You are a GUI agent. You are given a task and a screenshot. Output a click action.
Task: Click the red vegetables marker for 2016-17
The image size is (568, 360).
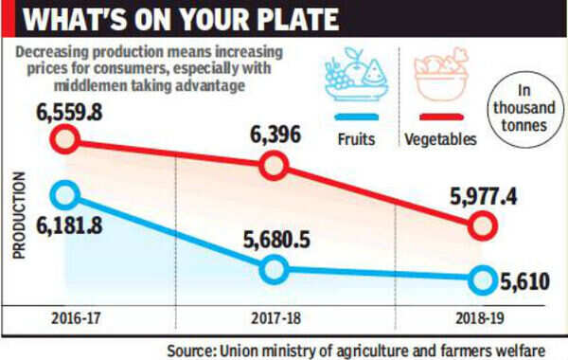click(x=65, y=140)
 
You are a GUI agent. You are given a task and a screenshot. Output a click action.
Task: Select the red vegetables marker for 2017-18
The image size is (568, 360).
click(x=273, y=167)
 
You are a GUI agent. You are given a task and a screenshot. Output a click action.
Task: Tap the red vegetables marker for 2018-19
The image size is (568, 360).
click(x=481, y=226)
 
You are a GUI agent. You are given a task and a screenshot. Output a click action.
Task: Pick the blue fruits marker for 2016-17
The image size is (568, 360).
click(x=65, y=196)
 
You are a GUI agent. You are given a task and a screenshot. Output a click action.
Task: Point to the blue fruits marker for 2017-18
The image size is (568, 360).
click(x=273, y=270)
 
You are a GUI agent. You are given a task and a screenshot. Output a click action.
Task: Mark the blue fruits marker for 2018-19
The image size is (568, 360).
click(x=481, y=279)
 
